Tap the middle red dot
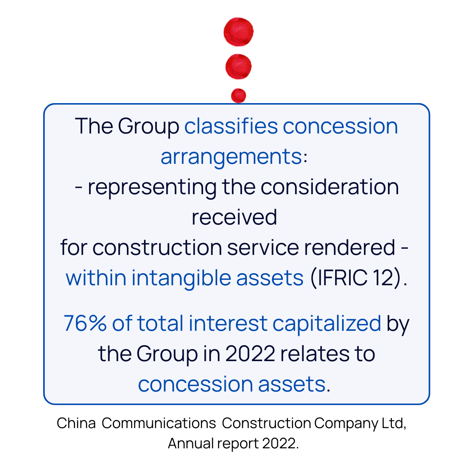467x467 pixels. (239, 67)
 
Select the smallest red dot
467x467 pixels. (239, 95)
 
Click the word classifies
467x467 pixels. (231, 126)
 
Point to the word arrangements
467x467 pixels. (231, 157)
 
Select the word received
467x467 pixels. (234, 217)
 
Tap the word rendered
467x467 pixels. (349, 248)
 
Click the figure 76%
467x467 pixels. (85, 323)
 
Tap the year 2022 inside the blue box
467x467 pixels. (250, 354)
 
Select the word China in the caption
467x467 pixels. (76, 423)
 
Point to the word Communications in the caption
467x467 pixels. (158, 423)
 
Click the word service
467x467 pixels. (263, 248)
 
